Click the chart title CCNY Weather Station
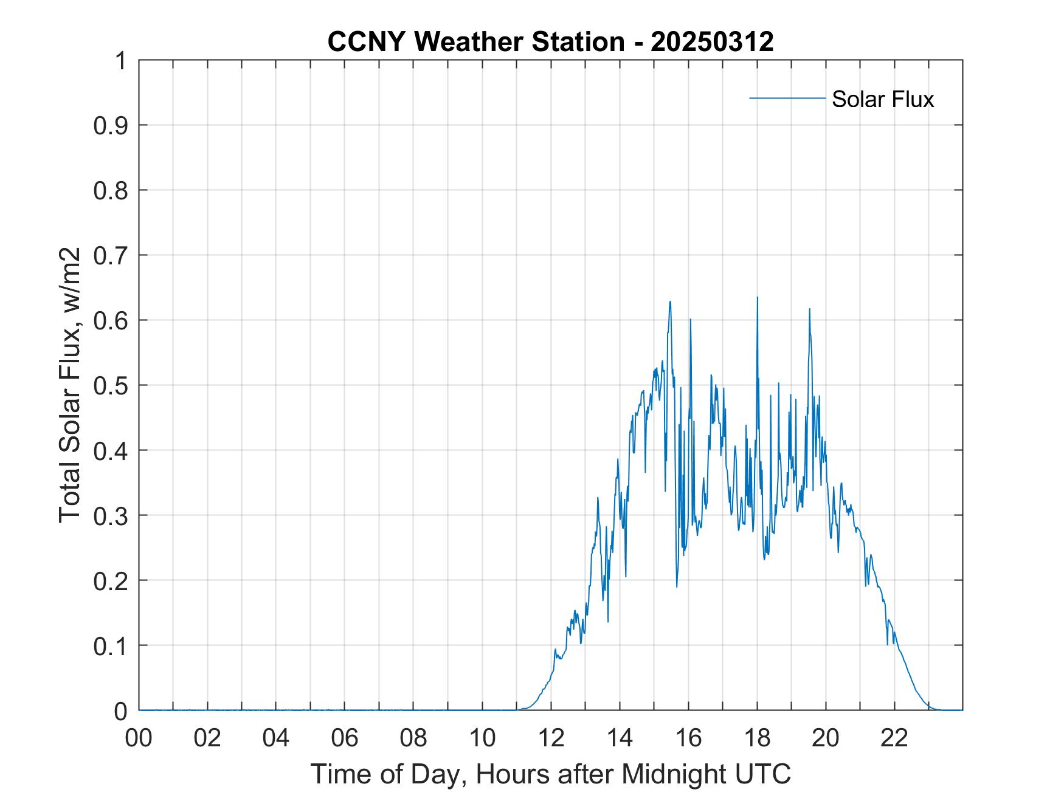(x=475, y=42)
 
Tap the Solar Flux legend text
(x=882, y=98)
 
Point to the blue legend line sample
(x=787, y=98)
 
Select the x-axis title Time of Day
(x=550, y=774)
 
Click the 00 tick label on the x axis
(x=139, y=738)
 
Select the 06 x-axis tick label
(x=345, y=738)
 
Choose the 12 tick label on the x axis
(x=551, y=738)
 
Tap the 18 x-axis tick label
(x=757, y=738)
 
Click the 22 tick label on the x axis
(x=894, y=738)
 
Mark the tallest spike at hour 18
(x=758, y=298)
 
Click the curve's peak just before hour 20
(x=809, y=309)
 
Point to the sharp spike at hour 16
(x=690, y=320)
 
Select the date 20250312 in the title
(x=712, y=42)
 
